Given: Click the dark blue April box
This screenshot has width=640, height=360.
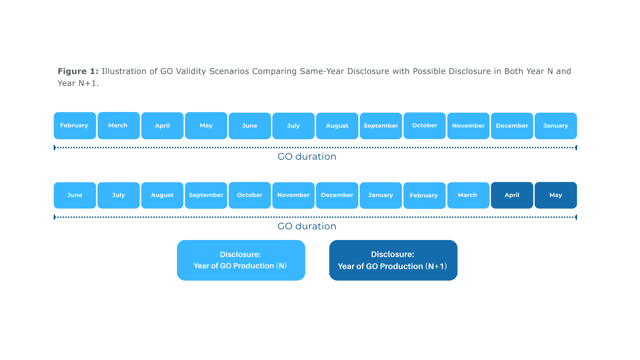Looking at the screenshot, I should tap(512, 195).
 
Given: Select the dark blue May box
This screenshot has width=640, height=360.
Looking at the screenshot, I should tap(556, 195).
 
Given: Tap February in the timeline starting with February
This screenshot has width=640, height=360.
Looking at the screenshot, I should tap(75, 126).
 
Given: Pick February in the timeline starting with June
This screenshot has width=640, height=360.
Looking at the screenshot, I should tap(424, 196).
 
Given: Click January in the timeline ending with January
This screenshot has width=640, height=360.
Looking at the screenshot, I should tap(556, 126).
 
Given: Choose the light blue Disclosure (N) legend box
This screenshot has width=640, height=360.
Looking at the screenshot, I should tap(241, 260).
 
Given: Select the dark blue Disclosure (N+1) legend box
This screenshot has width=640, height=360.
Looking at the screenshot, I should tap(393, 260).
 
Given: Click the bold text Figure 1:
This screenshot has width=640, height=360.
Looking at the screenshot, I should tap(78, 71).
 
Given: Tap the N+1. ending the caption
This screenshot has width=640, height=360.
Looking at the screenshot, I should tap(88, 83).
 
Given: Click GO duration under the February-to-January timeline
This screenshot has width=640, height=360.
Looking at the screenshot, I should tap(307, 157).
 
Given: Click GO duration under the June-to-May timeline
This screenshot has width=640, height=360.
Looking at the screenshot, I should tap(307, 226).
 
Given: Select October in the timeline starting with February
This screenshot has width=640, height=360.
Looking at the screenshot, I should tap(424, 126).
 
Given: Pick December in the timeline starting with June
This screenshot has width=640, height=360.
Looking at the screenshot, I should tap(337, 195).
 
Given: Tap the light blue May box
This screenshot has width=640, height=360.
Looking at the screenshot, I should tap(206, 126).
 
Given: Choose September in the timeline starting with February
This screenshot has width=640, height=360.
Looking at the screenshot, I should tap(381, 126).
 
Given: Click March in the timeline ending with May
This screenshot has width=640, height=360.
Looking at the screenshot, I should tap(468, 195).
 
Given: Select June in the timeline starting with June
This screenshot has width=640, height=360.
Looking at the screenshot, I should tap(75, 195).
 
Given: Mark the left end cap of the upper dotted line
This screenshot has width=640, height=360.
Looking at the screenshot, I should tap(54, 148).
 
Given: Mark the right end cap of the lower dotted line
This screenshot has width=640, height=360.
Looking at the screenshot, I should tap(576, 217).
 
